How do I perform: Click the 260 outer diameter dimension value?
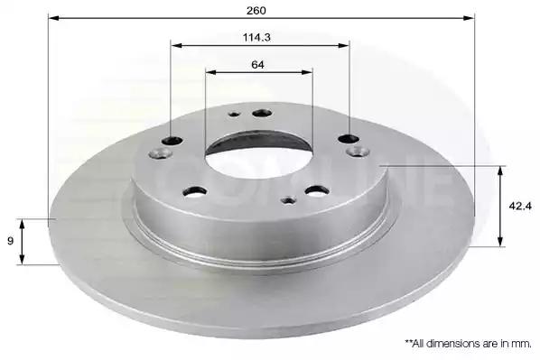pyautogui.click(x=256, y=11)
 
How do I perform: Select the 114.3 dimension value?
pyautogui.click(x=256, y=37)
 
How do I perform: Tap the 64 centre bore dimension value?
pyautogui.click(x=257, y=64)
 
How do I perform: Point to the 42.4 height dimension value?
pyautogui.click(x=520, y=206)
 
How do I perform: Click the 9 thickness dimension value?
pyautogui.click(x=10, y=241)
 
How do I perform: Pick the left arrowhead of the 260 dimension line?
pyautogui.click(x=53, y=17)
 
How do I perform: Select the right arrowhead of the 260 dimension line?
pyautogui.click(x=469, y=17)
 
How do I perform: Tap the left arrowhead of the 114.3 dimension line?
pyautogui.click(x=176, y=45)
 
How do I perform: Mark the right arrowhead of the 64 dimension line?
pyautogui.click(x=307, y=72)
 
